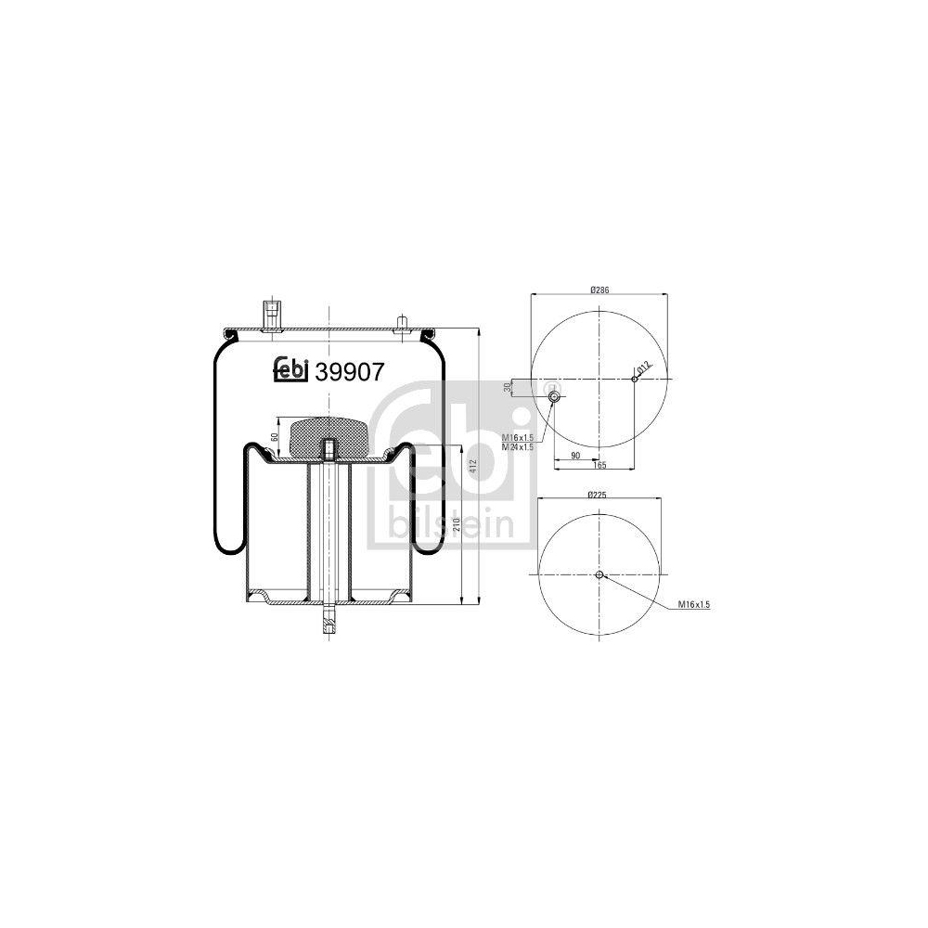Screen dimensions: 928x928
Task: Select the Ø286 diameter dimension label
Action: click(x=599, y=290)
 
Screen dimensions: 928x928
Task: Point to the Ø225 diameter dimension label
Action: click(x=599, y=496)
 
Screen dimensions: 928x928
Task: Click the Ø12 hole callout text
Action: click(x=645, y=367)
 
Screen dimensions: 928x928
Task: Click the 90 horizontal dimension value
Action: click(x=575, y=455)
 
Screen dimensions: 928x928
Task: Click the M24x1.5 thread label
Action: click(x=517, y=447)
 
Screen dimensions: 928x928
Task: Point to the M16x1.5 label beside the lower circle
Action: click(x=693, y=604)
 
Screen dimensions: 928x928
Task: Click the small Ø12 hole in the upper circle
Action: click(x=635, y=378)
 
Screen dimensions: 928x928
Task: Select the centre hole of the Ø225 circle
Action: click(x=599, y=574)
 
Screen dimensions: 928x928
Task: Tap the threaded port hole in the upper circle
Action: click(x=554, y=397)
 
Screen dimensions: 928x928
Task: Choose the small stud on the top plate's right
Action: click(x=402, y=322)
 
